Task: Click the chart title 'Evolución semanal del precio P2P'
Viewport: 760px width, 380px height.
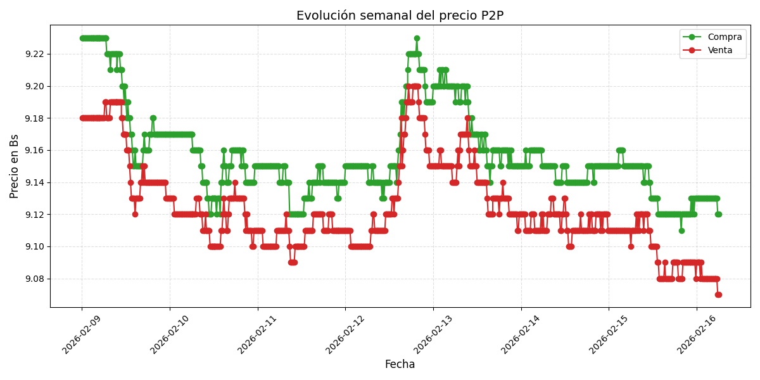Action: [x=400, y=16]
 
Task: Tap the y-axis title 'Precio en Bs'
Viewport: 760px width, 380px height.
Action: [x=15, y=166]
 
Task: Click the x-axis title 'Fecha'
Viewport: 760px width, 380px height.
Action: [x=400, y=365]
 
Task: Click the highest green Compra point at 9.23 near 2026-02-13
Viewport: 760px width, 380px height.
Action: [x=417, y=38]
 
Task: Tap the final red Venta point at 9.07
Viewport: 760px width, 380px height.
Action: [x=718, y=294]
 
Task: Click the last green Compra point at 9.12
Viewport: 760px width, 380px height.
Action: [x=718, y=214]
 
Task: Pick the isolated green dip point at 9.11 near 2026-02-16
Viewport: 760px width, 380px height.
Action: [x=681, y=231]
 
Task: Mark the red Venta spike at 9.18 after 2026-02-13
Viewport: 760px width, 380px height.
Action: [x=467, y=118]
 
